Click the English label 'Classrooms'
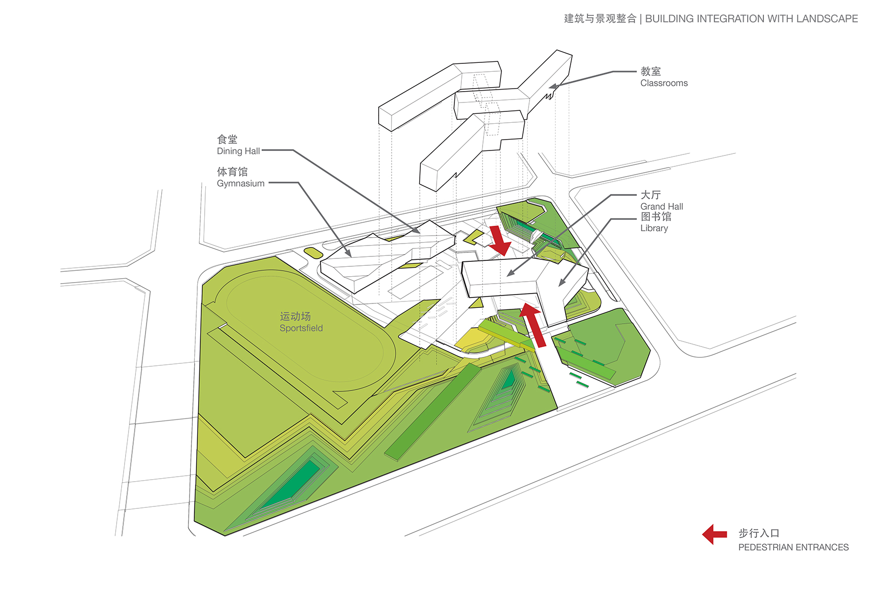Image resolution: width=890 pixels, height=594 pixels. point(664,83)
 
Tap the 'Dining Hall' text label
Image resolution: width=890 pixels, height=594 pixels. point(238,151)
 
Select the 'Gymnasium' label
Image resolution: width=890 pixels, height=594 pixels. point(241,183)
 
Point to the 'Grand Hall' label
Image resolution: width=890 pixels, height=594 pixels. point(662,206)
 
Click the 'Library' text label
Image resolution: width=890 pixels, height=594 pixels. point(654,228)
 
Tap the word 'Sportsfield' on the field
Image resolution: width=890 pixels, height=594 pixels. point(301,328)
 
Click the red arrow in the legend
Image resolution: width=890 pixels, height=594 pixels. point(714,534)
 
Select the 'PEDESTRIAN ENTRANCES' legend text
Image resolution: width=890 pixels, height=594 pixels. point(793,547)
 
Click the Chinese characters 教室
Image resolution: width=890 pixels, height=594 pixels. point(651,71)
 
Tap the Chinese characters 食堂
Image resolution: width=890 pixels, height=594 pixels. point(227,140)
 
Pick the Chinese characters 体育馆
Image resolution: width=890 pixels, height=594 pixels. point(232,172)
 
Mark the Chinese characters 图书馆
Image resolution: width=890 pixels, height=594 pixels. point(656,217)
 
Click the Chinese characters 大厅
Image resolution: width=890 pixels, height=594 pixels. point(651,195)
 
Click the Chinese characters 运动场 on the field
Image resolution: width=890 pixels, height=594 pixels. point(295,316)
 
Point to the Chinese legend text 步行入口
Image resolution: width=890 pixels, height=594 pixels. point(758,533)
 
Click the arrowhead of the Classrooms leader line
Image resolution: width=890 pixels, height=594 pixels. point(553,87)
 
